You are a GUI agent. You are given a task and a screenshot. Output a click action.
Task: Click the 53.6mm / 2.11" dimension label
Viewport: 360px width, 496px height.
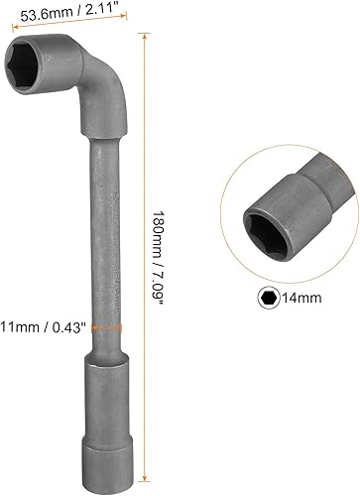[x=69, y=13]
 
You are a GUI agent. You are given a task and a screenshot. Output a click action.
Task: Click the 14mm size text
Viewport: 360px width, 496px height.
[x=301, y=298]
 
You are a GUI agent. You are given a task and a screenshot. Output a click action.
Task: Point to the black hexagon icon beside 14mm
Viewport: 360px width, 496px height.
[x=269, y=298]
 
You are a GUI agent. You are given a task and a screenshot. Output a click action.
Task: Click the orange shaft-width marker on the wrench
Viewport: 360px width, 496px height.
[x=107, y=327]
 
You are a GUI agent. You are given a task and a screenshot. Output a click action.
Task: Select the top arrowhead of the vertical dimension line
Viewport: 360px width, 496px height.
[x=145, y=36]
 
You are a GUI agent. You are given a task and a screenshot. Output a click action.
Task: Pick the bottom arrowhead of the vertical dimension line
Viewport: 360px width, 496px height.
[x=145, y=477]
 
